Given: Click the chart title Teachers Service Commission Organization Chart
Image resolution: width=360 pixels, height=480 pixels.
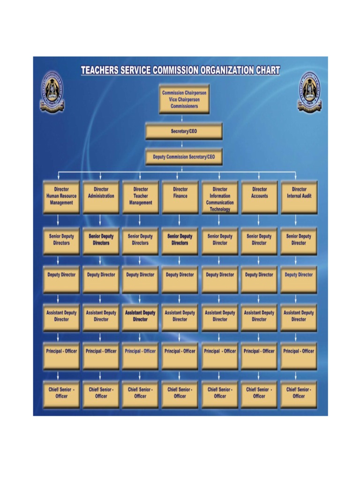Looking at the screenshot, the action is [x=180, y=71].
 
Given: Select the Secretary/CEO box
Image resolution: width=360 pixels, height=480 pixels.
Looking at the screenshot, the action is [x=184, y=132].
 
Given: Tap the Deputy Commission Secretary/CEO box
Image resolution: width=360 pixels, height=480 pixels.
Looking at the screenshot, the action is [x=184, y=157].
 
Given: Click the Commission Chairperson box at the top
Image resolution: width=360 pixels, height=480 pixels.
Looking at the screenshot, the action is [x=184, y=99].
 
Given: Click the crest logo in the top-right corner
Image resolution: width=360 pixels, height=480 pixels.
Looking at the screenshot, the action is [x=309, y=92].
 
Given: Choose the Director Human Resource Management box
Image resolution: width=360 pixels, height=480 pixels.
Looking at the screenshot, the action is [x=61, y=197].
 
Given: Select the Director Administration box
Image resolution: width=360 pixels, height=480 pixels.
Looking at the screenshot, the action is [x=101, y=197].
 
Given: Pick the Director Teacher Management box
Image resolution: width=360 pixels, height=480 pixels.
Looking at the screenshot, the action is [x=141, y=197].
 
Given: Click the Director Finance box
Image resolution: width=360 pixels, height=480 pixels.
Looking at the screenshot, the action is [x=180, y=197].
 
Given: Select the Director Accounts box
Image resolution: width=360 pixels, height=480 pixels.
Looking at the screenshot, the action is [x=259, y=197].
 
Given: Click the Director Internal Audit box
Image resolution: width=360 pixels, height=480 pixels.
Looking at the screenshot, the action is [x=299, y=197].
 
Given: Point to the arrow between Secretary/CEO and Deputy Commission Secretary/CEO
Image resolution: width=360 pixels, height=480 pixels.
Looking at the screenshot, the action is [x=182, y=144].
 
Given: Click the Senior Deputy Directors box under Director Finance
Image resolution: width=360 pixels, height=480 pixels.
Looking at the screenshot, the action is [x=180, y=241].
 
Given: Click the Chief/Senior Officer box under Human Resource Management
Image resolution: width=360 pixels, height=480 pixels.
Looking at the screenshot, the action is [x=61, y=394].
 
